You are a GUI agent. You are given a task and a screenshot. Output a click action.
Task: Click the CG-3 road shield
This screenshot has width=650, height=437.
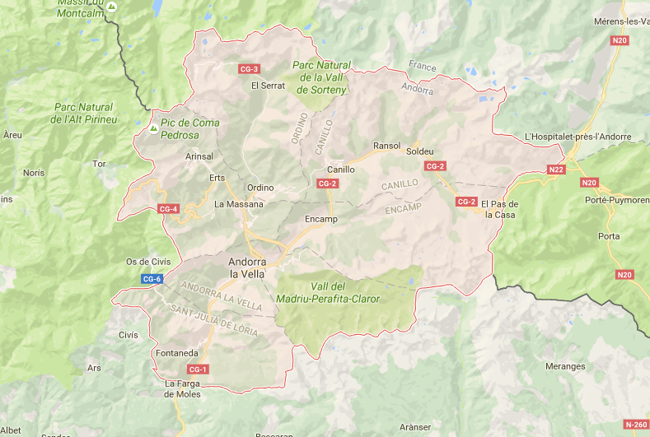(x=249, y=68)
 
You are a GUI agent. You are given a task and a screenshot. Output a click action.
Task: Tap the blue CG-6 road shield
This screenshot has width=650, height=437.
(x=152, y=279)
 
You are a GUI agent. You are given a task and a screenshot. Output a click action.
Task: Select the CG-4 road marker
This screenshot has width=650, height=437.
(x=168, y=209)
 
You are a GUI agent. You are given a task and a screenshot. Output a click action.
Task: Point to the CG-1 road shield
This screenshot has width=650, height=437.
(x=199, y=369)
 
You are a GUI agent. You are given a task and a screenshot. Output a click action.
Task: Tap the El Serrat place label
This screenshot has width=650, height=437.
(x=268, y=86)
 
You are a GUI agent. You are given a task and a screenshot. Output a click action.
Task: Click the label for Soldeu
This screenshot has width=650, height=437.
(x=419, y=151)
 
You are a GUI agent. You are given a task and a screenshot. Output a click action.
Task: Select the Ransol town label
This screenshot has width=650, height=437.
(x=386, y=146)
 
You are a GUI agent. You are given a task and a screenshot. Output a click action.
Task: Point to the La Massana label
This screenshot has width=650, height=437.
(x=239, y=204)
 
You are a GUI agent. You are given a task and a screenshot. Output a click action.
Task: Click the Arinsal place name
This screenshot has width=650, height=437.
(x=199, y=156)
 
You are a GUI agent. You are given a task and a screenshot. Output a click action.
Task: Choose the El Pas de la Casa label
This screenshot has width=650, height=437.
(x=499, y=209)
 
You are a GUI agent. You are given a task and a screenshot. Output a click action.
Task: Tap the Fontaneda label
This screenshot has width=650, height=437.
(x=176, y=353)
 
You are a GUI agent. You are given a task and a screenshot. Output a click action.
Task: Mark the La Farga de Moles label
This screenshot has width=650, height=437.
(x=183, y=388)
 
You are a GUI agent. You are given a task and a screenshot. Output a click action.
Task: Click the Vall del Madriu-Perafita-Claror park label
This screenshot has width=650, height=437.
(x=345, y=292)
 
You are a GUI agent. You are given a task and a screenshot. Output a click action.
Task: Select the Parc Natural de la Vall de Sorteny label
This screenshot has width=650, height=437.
(x=322, y=77)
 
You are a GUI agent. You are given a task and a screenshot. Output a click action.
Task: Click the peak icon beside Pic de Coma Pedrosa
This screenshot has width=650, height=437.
(x=152, y=129)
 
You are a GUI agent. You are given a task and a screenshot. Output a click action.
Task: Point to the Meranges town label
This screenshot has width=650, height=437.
(x=564, y=366)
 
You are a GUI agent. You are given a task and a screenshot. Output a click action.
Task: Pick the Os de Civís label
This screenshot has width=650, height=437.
(x=148, y=262)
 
